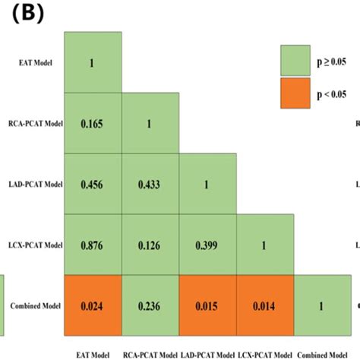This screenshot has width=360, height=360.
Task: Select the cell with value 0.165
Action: pos(92,123)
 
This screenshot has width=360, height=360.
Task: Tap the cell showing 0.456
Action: pos(92,184)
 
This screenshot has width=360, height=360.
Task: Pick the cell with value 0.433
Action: pos(150,184)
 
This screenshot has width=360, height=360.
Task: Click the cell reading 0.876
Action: pos(92,245)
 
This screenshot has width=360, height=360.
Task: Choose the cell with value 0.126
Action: pos(150,245)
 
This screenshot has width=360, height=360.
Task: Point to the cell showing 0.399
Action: pos(207,245)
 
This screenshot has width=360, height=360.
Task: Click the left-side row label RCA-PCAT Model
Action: pos(34,123)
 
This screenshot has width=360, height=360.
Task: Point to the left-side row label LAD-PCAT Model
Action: pos(34,184)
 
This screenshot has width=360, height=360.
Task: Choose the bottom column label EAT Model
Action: pos(92,355)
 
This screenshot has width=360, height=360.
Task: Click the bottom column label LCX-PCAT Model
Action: pos(265,355)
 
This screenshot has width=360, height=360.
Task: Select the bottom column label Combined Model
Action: pos(323,355)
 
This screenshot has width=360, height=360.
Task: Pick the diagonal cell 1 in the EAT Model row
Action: pos(92,62)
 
